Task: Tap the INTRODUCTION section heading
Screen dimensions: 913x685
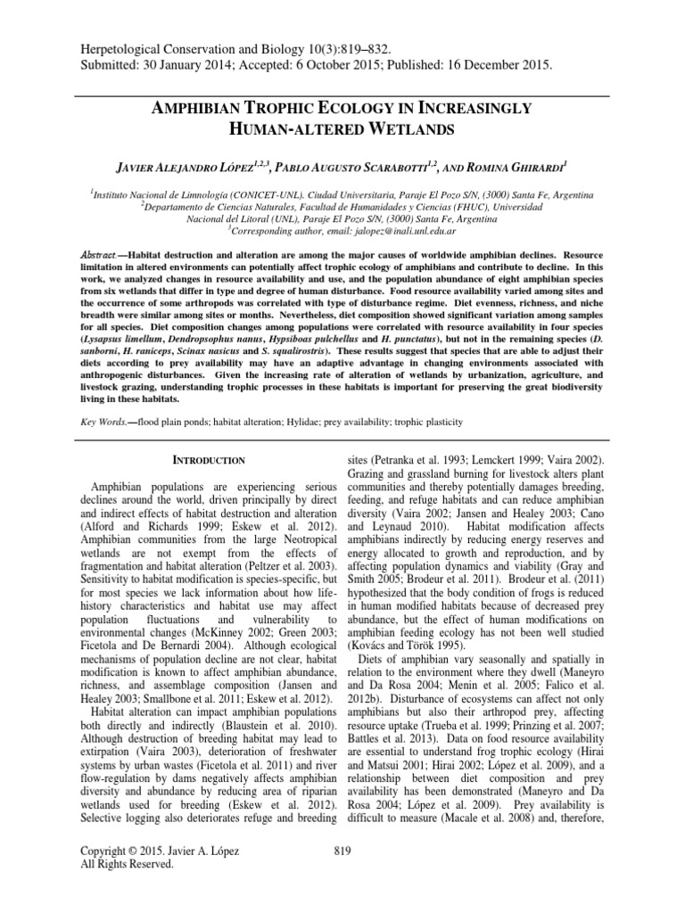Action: click(x=207, y=460)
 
